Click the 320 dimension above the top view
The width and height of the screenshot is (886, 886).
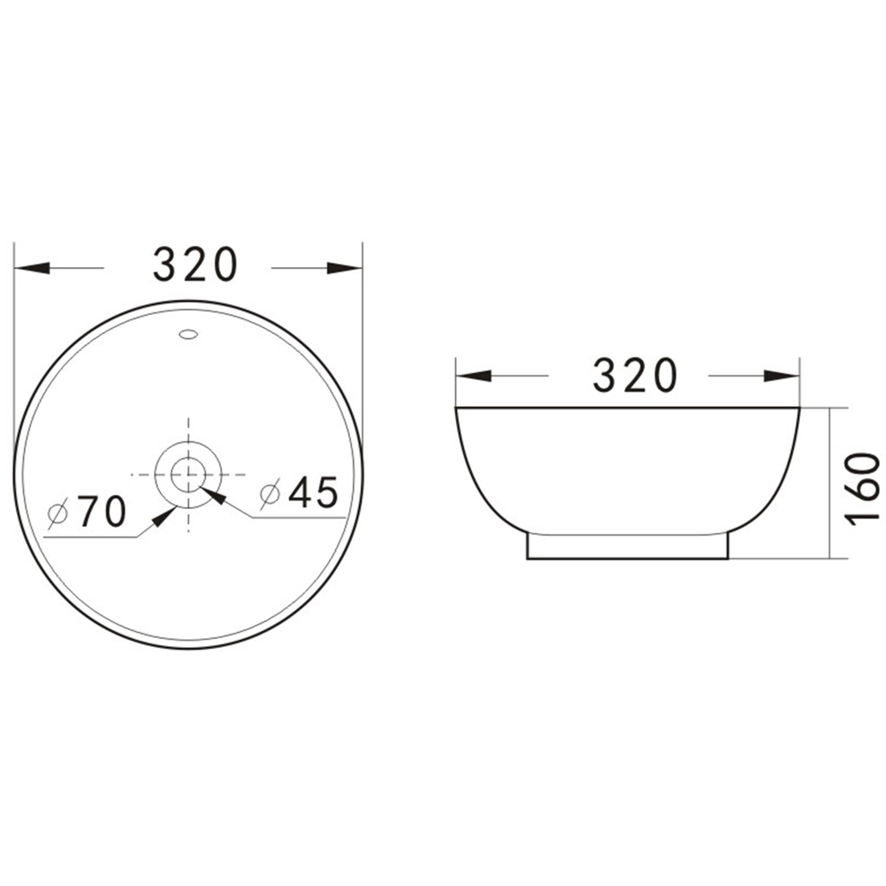point(195,264)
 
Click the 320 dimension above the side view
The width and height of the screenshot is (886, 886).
point(635,376)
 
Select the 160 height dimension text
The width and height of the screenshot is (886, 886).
point(862,490)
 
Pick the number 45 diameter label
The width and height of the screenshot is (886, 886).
point(314,492)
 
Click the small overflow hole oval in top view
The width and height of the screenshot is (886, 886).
point(188,334)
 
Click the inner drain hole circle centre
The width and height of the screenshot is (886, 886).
point(188,474)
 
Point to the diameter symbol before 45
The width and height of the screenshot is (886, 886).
point(270,494)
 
